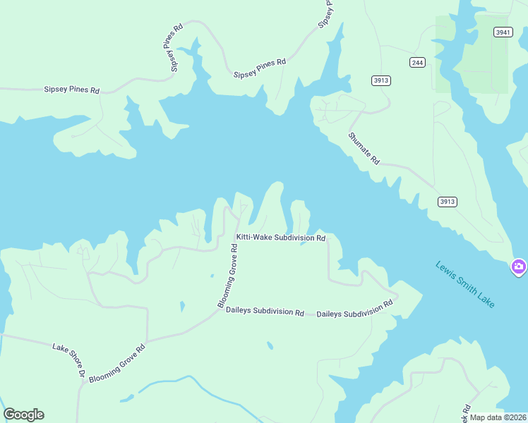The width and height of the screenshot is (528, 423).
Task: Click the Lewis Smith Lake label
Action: [x=465, y=284]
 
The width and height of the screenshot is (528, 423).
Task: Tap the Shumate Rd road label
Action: [x=364, y=148]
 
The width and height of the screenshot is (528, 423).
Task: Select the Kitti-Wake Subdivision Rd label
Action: [x=280, y=238]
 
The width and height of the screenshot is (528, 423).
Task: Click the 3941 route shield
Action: [x=503, y=32]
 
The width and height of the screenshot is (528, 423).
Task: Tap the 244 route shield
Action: [x=417, y=63]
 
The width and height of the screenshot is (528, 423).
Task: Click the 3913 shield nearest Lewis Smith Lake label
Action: [x=447, y=202]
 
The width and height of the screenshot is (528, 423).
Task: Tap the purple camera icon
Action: [x=519, y=266]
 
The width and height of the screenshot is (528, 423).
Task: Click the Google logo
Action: [x=23, y=414]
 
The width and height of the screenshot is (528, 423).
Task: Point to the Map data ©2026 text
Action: [x=497, y=417]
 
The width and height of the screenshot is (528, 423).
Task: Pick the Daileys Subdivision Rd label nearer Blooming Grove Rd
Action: [x=265, y=311]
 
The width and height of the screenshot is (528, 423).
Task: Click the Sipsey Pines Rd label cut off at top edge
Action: [x=327, y=13]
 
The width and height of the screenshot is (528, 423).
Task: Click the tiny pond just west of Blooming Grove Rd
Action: [x=182, y=306]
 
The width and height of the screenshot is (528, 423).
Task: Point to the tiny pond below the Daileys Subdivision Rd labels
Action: [x=270, y=345]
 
